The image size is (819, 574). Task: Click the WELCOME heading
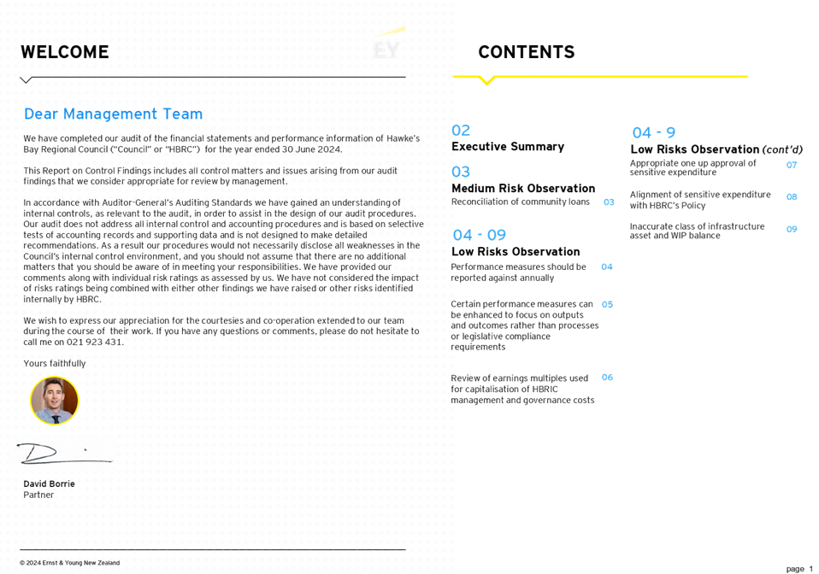64,52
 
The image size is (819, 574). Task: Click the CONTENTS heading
526,52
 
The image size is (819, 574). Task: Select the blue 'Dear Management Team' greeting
113,114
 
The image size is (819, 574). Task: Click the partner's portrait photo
55,400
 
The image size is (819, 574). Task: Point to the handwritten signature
62,453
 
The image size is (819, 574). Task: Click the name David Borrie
50,483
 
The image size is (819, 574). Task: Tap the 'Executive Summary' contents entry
508,147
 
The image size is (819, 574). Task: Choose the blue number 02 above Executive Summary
461,131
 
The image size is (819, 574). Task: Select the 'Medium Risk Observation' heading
523,188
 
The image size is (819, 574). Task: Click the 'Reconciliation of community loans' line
520,202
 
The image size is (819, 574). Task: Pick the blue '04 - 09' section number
479,235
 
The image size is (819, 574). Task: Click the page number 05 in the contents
607,304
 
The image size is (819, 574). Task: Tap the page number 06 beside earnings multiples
607,377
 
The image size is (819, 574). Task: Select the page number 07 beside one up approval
792,165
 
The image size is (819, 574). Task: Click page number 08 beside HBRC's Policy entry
792,197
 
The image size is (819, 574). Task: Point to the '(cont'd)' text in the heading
782,149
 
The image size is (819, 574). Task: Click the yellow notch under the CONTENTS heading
486,81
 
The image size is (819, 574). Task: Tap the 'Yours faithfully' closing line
55,364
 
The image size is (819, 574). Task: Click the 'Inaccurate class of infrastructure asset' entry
697,231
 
